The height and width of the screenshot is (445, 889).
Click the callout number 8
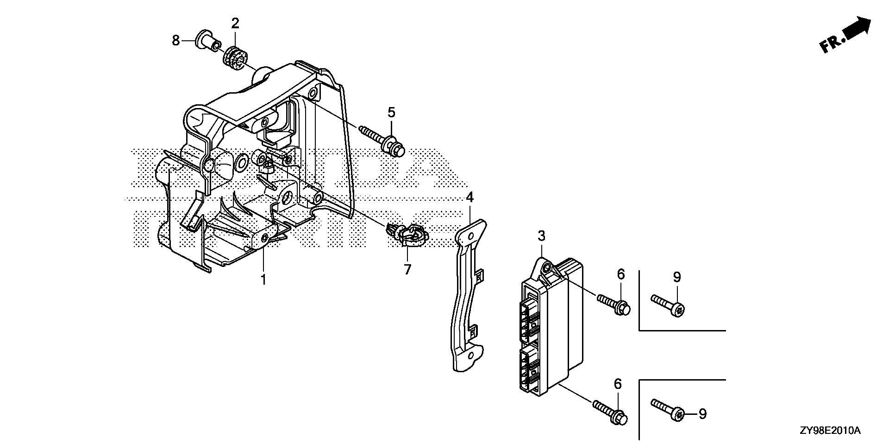tap(175, 41)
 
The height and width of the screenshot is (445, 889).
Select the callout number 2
tap(235, 23)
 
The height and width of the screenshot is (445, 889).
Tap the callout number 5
tap(391, 113)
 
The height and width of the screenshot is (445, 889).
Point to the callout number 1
tap(263, 280)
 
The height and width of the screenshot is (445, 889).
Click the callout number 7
tap(407, 269)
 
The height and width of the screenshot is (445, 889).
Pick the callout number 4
tap(470, 198)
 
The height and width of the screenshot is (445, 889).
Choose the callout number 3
tap(541, 236)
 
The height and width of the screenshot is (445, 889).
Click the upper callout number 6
tap(620, 274)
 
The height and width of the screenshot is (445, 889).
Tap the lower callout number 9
tap(702, 414)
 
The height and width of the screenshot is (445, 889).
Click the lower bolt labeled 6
tap(611, 413)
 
